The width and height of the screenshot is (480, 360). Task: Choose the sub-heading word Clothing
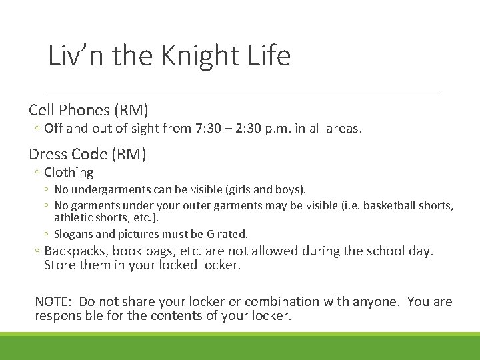(69, 172)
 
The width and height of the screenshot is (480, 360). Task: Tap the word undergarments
(105, 190)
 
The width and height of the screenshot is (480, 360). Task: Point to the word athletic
(71, 218)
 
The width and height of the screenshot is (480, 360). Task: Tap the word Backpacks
(76, 251)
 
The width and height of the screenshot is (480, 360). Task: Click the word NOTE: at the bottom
(55, 302)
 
